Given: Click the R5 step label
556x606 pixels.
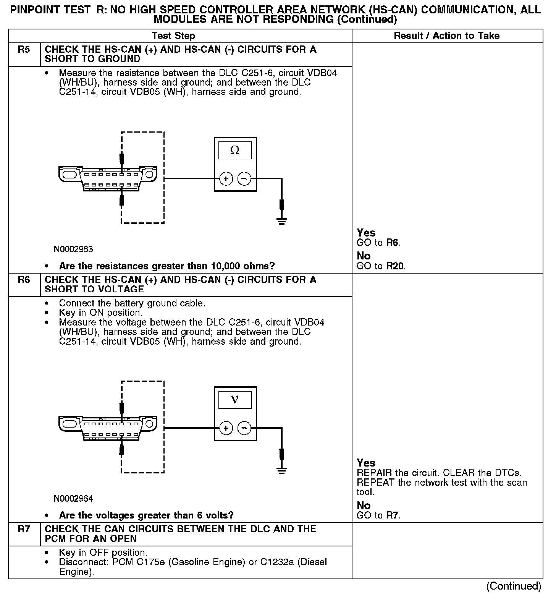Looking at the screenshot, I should coord(24,50).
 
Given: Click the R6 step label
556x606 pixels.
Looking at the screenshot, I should coord(24,280).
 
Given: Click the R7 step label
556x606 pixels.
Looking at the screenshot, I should coord(24,529).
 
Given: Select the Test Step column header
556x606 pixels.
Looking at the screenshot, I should coord(173,36).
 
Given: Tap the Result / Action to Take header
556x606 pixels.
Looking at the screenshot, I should coord(446,36).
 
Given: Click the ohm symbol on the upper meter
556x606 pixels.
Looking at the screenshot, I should coord(235,151).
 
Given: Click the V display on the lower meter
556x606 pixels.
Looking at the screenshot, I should coord(235,400).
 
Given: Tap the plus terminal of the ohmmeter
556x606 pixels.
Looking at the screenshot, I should coord(226,178).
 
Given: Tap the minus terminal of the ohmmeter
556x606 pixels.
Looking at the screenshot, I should coord(244,178).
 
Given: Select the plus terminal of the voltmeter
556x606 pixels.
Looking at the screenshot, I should coord(226,428).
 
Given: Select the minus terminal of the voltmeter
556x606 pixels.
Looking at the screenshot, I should coord(244,428).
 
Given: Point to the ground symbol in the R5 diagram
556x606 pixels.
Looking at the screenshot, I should coord(282,220).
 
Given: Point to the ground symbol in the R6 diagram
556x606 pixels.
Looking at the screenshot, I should coord(282,470).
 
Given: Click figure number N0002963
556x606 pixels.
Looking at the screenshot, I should coord(73,250).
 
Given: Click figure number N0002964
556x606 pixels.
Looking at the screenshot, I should coord(73,499).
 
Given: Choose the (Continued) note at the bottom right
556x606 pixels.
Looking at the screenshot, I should coord(514,586).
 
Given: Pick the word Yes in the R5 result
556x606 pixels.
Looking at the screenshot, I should coord(366,233).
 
